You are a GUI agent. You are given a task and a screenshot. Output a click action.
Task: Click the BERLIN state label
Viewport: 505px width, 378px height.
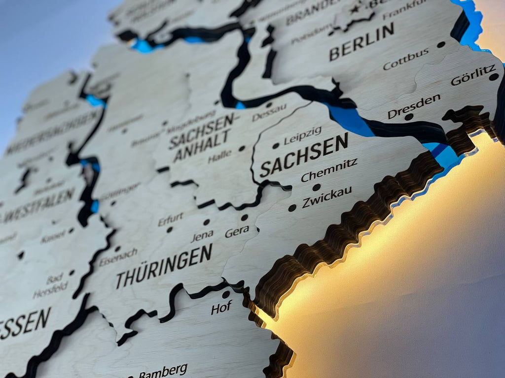pyautogui.click(x=361, y=42)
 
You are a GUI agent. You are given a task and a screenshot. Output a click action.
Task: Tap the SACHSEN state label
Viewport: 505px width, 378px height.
pyautogui.click(x=304, y=155)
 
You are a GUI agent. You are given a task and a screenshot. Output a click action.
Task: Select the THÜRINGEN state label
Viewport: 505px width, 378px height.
pyautogui.click(x=164, y=267)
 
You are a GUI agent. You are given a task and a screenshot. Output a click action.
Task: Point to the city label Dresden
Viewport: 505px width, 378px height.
pyautogui.click(x=413, y=106)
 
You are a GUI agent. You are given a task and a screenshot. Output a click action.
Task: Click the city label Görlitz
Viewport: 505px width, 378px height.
pyautogui.click(x=473, y=74)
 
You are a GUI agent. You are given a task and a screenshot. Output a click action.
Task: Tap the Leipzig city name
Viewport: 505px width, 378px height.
pyautogui.click(x=302, y=135)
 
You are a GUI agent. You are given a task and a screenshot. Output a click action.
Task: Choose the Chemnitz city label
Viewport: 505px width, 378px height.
pyautogui.click(x=329, y=170)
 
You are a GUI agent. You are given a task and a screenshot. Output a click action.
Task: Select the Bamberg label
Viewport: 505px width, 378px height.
pyautogui.click(x=163, y=370)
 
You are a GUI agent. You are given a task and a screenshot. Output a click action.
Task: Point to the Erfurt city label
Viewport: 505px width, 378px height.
pyautogui.click(x=171, y=219)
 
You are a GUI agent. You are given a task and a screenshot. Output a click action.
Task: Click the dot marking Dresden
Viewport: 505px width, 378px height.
pyautogui.click(x=408, y=117)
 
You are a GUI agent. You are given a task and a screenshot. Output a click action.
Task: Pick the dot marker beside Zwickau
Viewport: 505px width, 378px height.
pyautogui.click(x=292, y=208)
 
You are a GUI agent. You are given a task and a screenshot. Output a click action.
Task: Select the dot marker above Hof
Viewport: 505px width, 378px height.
pyautogui.click(x=226, y=294)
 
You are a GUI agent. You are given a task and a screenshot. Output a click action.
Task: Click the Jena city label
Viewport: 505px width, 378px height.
pyautogui.click(x=202, y=236)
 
